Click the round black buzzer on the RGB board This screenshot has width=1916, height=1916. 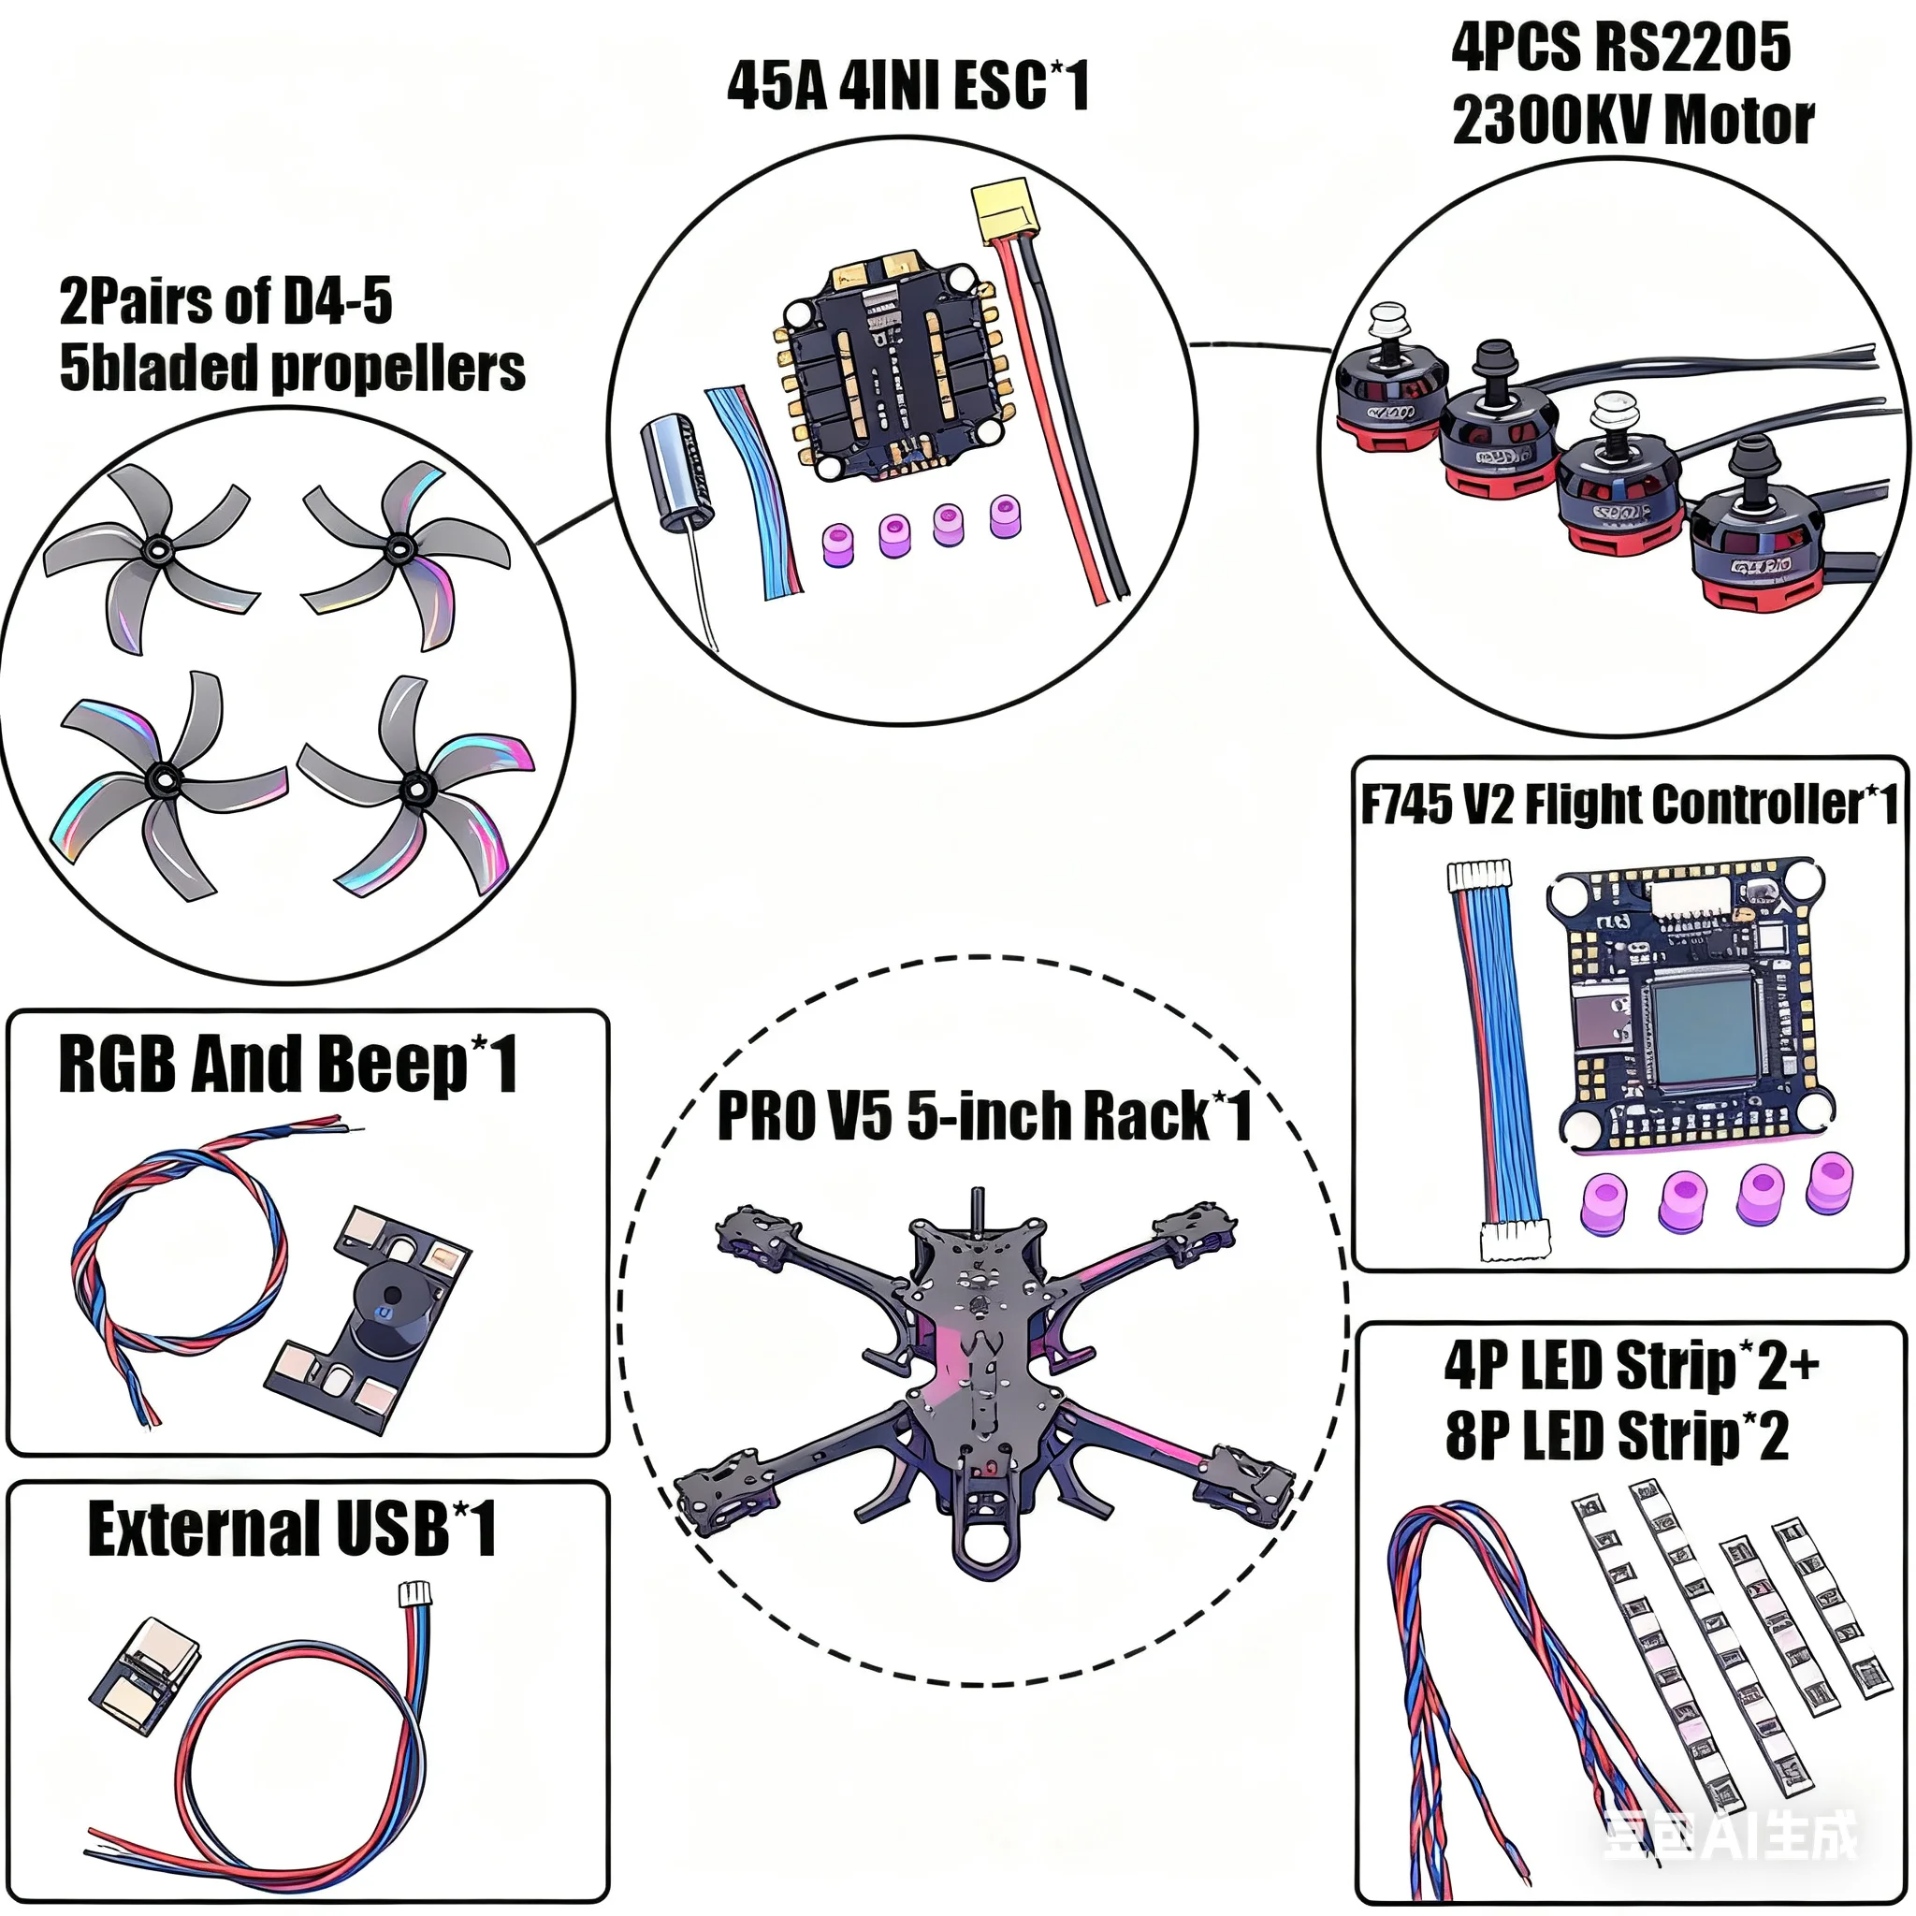(390, 1307)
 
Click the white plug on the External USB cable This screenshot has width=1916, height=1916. (414, 1593)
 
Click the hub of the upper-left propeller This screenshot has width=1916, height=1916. (155, 549)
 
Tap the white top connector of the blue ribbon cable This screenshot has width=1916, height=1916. (1480, 875)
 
